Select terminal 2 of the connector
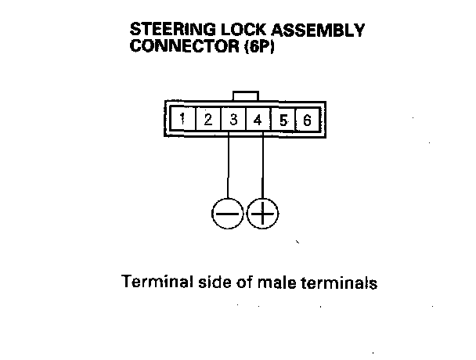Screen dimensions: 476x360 pyautogui.click(x=208, y=121)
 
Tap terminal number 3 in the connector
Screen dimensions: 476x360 pyautogui.click(x=234, y=121)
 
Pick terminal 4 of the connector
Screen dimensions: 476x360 pyautogui.click(x=258, y=121)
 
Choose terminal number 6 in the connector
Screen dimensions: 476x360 pyautogui.click(x=307, y=121)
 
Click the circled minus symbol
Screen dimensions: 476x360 pyautogui.click(x=228, y=212)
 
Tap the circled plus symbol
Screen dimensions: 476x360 pyautogui.click(x=262, y=212)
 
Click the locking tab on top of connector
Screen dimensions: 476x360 pyautogui.click(x=245, y=95)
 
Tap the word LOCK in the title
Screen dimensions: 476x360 pyautogui.click(x=240, y=31)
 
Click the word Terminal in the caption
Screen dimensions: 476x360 pyautogui.click(x=152, y=282)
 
